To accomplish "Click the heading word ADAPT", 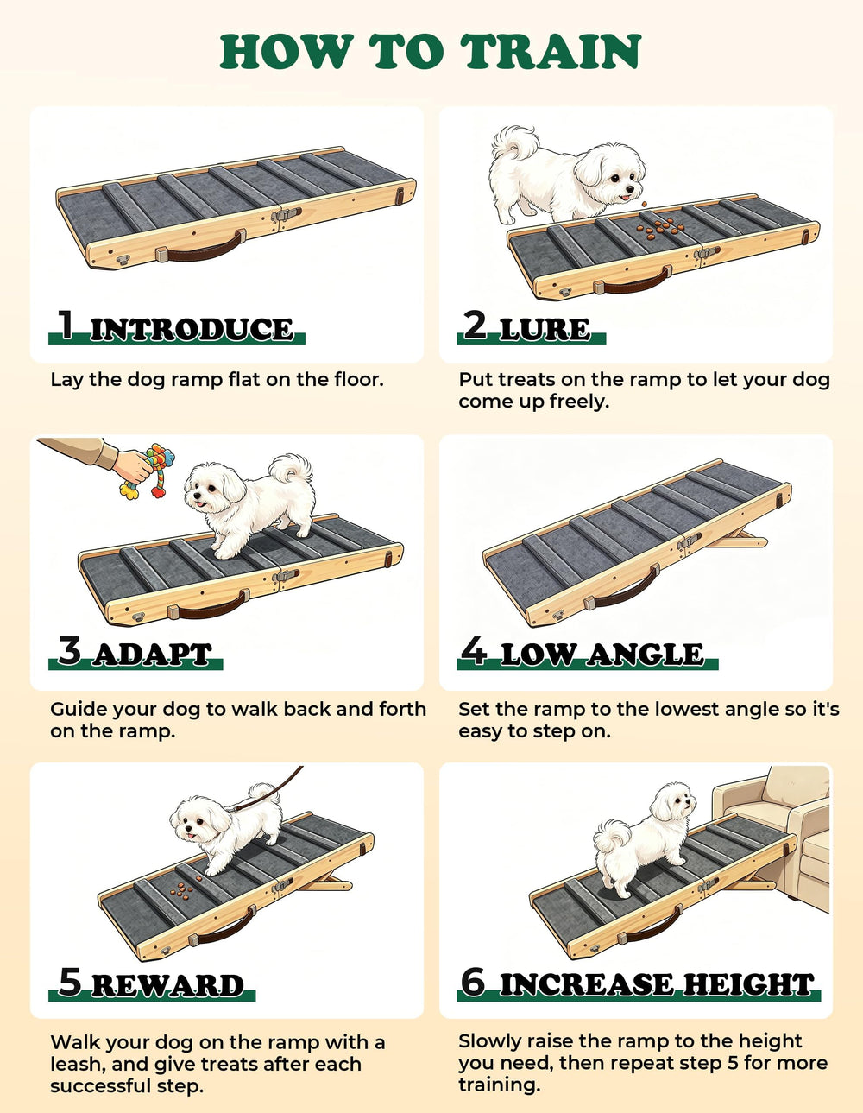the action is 153,655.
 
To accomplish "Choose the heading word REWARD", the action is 169,986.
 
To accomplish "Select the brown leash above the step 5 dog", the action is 267,790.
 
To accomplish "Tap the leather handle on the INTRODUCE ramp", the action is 201,249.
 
